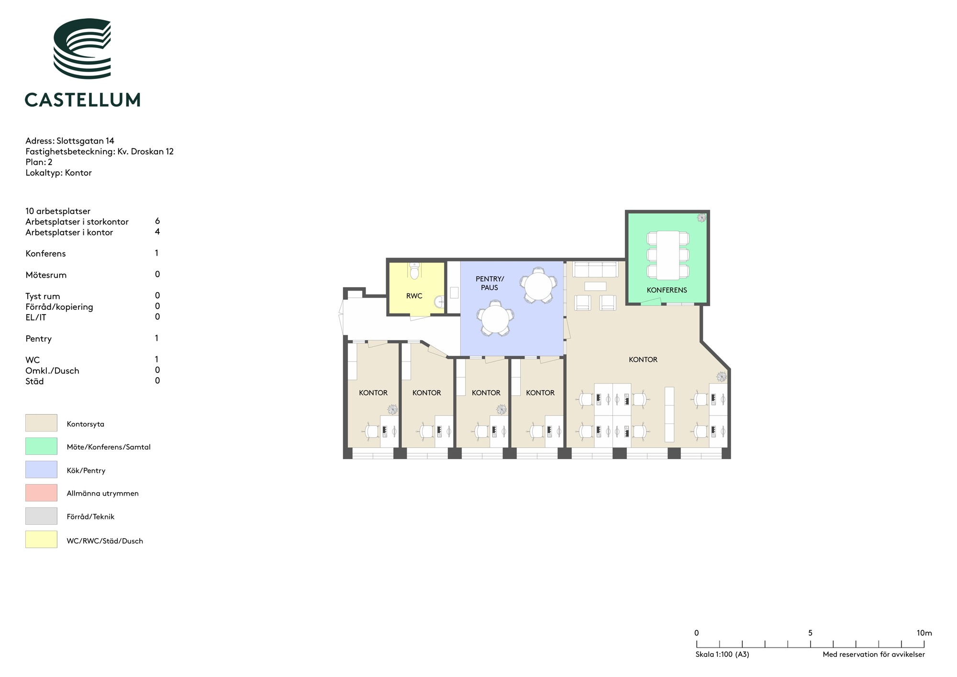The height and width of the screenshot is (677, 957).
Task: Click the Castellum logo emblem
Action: [82, 48]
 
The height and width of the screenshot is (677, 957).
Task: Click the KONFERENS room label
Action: [667, 290]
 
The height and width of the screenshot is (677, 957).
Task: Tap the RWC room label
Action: [414, 296]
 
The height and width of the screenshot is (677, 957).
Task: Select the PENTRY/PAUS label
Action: [490, 283]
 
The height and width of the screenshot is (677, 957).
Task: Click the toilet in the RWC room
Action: [414, 271]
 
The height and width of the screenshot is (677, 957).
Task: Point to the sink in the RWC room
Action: [440, 302]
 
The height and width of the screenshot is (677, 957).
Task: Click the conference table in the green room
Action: [668, 255]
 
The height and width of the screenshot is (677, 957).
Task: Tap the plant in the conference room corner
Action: [701, 218]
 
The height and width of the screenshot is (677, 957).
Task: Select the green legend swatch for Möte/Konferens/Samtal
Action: [41, 446]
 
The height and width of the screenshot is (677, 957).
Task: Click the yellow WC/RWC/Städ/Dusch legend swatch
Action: [41, 540]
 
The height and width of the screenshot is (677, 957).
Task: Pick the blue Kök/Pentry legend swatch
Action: [41, 470]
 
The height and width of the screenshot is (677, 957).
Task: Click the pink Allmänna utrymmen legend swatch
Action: [41, 493]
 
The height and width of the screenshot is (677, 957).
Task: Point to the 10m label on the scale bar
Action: [924, 633]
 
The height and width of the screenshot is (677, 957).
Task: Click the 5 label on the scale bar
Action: [810, 633]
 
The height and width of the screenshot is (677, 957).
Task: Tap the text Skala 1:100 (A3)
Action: [722, 654]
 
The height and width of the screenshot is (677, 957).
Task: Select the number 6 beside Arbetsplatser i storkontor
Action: [157, 221]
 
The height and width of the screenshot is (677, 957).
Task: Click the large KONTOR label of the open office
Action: [643, 360]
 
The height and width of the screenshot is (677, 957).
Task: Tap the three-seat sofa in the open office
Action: [595, 269]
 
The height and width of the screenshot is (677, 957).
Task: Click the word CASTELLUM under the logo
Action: [82, 100]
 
